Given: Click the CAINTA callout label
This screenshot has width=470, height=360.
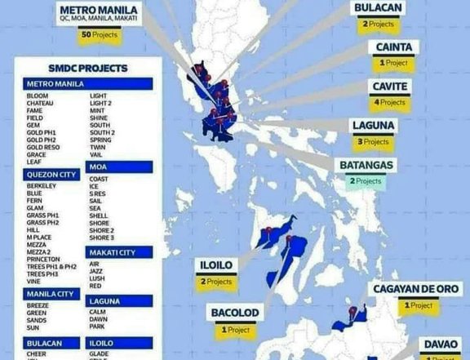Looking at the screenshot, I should pyautogui.click(x=398, y=47).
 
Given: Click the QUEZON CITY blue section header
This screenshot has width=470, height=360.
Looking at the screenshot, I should pyautogui.click(x=51, y=173).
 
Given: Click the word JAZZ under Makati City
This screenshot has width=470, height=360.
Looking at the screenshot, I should pyautogui.click(x=95, y=272).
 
